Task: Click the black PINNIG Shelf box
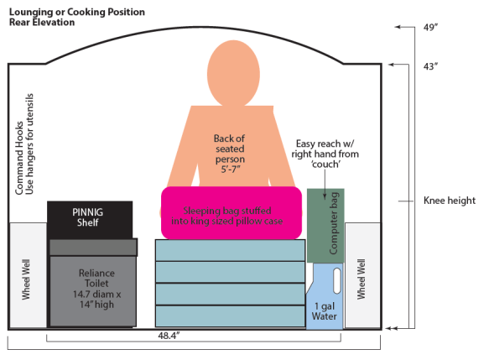89,217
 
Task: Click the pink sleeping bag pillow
231,212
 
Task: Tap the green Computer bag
325,226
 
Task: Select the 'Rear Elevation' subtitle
42,22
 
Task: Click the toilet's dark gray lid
92,247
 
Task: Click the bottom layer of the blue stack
230,316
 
